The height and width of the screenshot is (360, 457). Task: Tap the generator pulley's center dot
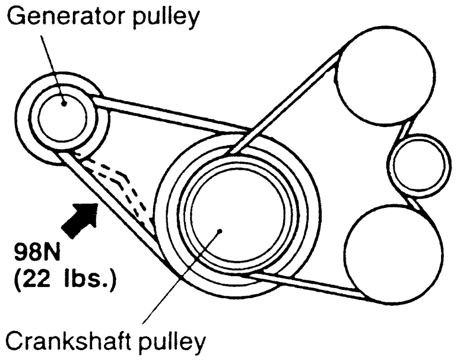(x=63, y=103)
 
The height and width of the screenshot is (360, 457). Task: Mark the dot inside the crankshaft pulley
(x=221, y=232)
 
